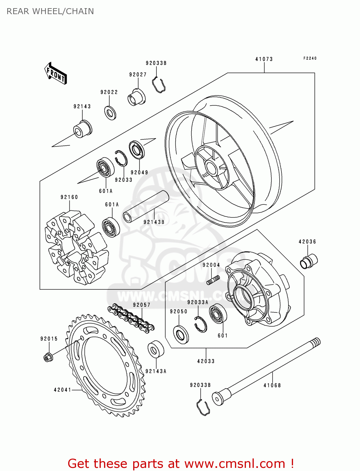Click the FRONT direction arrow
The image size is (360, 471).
tap(55, 73)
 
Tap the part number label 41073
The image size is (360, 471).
tap(264, 59)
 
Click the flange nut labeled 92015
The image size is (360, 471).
tap(48, 357)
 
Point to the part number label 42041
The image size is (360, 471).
tap(63, 390)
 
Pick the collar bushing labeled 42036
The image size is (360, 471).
tap(309, 261)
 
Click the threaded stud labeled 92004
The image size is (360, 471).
tap(213, 280)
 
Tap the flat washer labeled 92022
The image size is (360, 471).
tap(110, 113)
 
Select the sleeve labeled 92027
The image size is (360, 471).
tap(137, 97)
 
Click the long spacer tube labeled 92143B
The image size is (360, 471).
tap(145, 207)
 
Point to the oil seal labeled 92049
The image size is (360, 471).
tap(137, 150)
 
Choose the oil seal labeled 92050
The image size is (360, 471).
tap(181, 334)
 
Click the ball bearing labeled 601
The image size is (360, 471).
tap(218, 313)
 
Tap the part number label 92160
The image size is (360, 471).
tap(69, 197)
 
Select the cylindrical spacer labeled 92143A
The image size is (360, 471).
tap(156, 349)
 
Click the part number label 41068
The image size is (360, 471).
tap(272, 385)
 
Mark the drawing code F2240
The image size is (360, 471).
tap(310, 58)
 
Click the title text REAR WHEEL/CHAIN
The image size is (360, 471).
tap(50, 11)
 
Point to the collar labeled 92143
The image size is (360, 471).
tap(83, 129)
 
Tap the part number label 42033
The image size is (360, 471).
tap(206, 361)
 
